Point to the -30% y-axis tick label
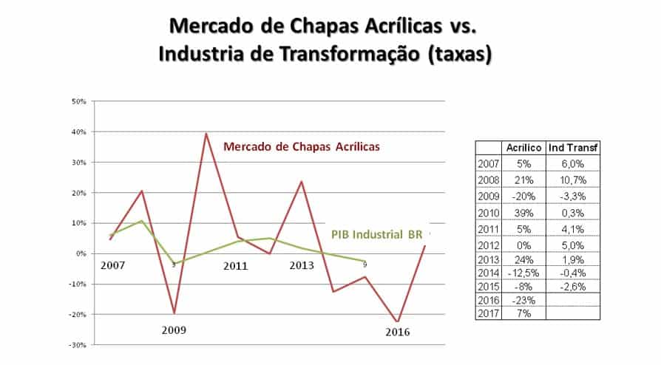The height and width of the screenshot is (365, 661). (79, 345)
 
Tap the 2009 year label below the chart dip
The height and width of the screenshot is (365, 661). (174, 330)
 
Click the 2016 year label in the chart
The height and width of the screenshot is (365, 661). (397, 332)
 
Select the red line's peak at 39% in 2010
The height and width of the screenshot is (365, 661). (206, 134)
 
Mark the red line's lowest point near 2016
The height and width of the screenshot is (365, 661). (399, 322)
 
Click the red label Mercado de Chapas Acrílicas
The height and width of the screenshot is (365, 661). (302, 146)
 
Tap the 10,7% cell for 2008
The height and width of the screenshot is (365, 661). (574, 180)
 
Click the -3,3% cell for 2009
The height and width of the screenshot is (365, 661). (574, 197)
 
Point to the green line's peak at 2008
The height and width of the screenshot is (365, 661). (143, 220)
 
